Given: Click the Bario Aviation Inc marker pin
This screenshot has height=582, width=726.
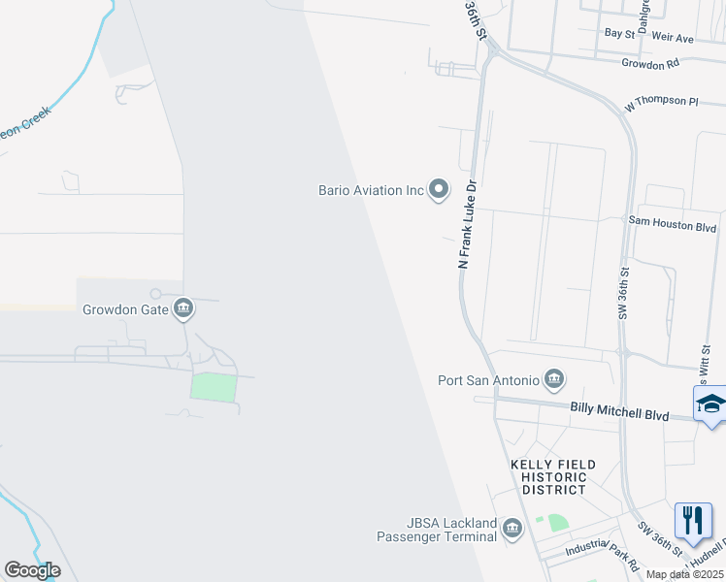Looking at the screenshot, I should [439, 189].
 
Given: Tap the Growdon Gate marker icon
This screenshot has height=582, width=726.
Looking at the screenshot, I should [183, 310].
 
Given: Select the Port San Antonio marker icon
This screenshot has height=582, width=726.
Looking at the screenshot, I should [554, 378].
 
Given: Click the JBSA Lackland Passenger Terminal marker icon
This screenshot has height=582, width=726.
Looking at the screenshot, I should [512, 529].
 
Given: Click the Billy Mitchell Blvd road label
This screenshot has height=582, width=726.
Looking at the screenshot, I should [619, 413].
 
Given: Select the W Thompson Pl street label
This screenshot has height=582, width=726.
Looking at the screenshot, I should [662, 102].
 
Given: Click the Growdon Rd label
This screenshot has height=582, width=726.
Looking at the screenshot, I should [650, 64].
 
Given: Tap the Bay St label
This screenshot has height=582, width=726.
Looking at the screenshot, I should [618, 33].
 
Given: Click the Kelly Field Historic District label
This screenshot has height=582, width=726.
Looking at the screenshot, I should [553, 477].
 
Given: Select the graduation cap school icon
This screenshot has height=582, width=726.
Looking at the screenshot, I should [710, 404].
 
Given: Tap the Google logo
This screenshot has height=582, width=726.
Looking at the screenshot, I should [32, 570].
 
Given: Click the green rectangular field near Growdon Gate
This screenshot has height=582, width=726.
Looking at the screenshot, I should [214, 387].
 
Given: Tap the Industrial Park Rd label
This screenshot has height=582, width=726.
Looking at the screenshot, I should [607, 554].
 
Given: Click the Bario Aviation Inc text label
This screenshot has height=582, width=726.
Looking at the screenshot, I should [372, 190].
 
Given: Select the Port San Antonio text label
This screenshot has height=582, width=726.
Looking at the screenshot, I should [489, 379].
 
